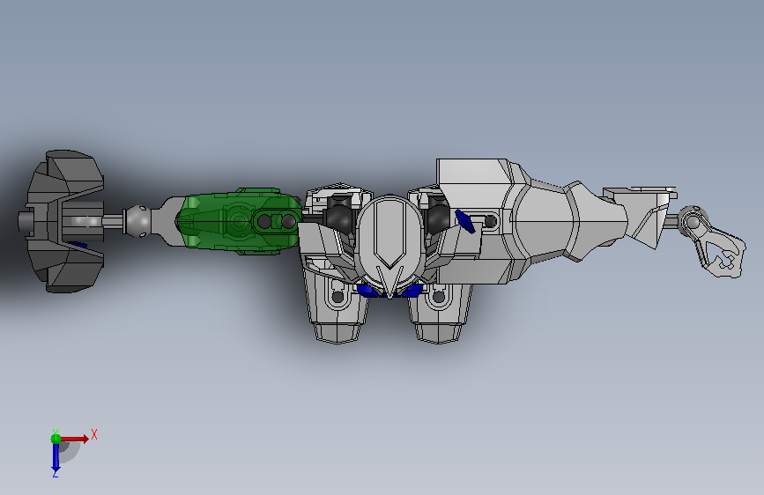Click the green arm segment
point(239,221)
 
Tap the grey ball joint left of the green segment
point(137,221)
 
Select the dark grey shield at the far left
point(63,221)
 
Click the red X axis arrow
point(74,439)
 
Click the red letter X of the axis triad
point(94,434)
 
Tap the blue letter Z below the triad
point(56,473)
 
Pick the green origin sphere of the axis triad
point(56,439)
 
